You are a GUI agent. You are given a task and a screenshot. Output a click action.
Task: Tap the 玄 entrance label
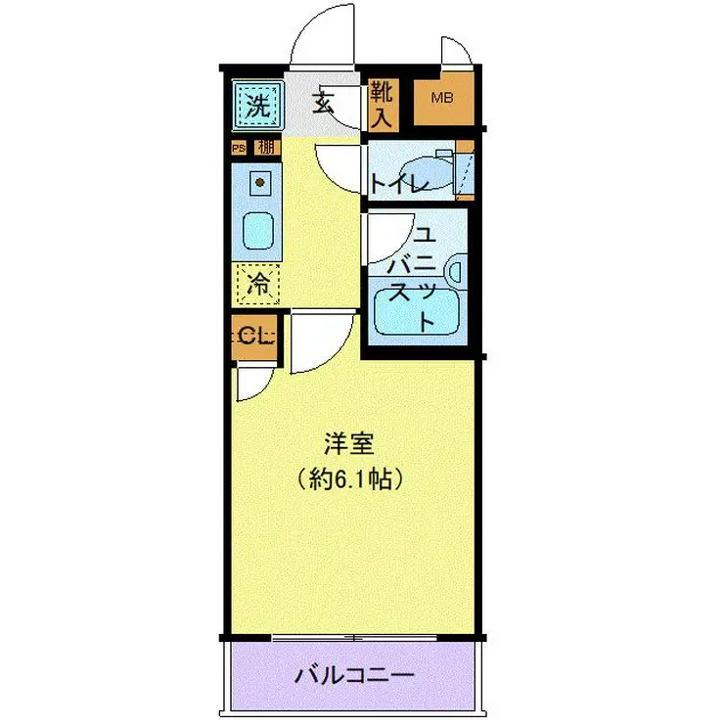(x=323, y=102)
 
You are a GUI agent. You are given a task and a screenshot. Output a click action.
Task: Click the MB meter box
(x=443, y=99)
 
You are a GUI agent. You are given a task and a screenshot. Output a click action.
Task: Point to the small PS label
(x=238, y=149)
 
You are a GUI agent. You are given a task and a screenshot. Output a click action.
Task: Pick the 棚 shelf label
(x=264, y=149)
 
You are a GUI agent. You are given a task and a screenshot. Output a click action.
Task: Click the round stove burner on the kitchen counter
(x=259, y=181)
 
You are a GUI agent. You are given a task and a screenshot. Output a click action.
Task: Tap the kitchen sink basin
(x=258, y=231)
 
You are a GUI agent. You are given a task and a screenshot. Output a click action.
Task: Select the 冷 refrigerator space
(x=258, y=285)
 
